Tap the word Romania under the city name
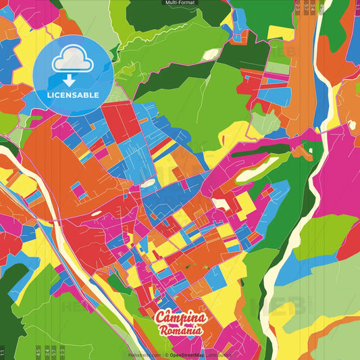180,331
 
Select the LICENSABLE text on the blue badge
73,95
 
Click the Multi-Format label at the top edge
180,3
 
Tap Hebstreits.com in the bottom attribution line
145,354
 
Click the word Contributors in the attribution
218,354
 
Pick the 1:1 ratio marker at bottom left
3,353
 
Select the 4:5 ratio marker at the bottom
38,353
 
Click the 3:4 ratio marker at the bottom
47,353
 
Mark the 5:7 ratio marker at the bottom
55,353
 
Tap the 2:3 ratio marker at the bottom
63,353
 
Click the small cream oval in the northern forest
211,53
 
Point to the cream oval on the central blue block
147,183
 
